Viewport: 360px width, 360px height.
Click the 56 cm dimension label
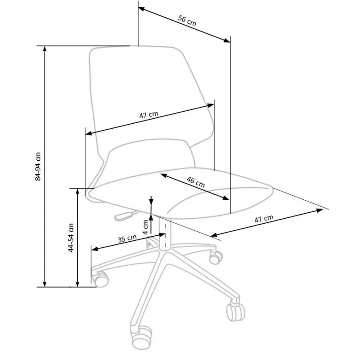point(187,21)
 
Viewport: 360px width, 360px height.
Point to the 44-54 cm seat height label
point(71,237)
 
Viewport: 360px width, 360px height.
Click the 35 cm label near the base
point(127,238)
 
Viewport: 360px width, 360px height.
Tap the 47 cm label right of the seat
point(264,219)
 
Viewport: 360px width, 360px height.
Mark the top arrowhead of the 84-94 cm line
point(44,49)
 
